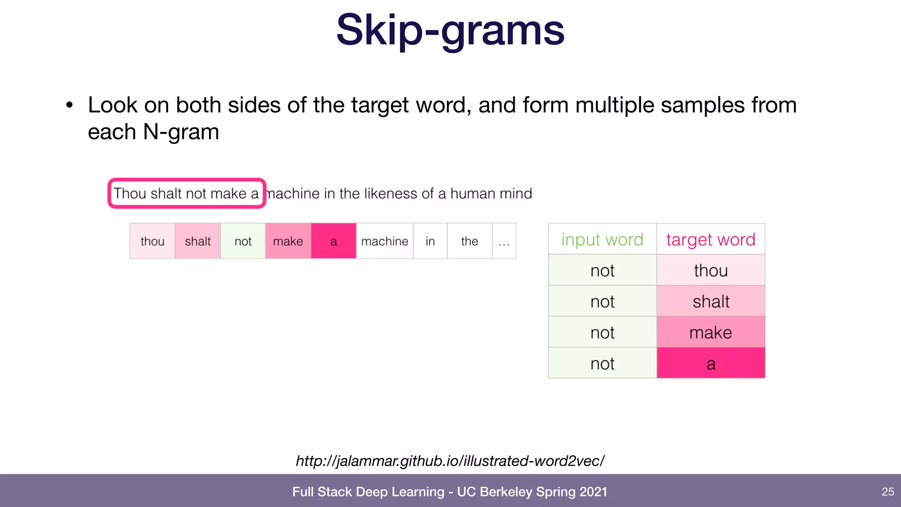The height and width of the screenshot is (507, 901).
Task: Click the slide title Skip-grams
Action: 450,30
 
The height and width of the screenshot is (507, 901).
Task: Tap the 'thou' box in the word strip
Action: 152,241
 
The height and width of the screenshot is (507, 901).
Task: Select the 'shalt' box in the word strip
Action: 198,241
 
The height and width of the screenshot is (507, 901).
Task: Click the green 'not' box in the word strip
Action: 243,241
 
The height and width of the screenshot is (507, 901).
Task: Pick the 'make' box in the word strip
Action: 288,241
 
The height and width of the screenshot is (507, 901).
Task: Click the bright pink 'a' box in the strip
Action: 333,241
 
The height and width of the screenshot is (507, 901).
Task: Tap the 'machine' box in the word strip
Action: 385,241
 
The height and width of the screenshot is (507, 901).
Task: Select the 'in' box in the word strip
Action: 430,241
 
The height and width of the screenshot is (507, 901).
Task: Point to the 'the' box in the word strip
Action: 469,241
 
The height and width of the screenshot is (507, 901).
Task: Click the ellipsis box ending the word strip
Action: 504,241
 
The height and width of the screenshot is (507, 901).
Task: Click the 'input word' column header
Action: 602,239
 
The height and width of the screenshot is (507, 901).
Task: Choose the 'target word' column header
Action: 711,239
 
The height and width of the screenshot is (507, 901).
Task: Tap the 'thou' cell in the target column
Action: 711,270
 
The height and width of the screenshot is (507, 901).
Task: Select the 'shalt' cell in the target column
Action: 711,301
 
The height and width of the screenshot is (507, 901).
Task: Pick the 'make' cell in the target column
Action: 711,332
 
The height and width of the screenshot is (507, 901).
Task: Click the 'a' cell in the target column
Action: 711,364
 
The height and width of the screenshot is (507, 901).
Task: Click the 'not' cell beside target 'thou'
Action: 602,270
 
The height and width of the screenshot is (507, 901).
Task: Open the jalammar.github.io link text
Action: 450,461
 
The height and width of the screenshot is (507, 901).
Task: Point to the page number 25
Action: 888,492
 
